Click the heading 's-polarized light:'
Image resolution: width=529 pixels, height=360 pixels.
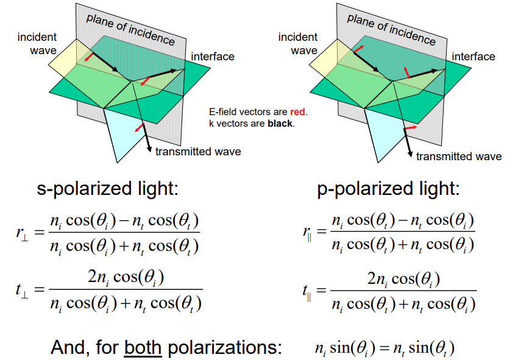click(107, 189)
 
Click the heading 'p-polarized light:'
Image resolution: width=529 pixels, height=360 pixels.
click(388, 189)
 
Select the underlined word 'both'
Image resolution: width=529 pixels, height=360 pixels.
click(143, 348)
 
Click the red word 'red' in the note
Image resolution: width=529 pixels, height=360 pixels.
click(298, 112)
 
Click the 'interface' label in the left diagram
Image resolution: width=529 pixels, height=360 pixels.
click(213, 57)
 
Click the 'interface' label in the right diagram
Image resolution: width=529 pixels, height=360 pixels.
click(473, 57)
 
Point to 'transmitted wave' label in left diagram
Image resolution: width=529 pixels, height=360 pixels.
click(198, 152)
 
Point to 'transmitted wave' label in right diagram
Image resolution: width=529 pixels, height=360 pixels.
click(459, 157)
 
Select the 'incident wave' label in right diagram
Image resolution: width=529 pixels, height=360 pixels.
click(298, 44)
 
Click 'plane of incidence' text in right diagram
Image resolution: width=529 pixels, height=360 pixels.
click(391, 29)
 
